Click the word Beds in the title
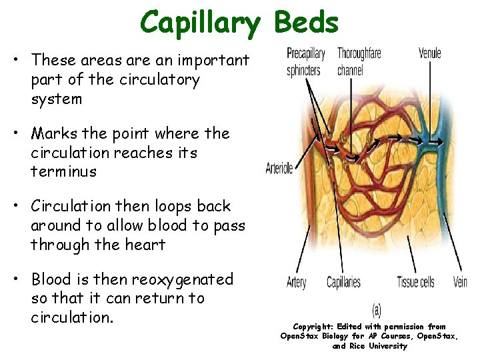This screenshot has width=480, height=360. click(x=306, y=22)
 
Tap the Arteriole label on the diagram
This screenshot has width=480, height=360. click(x=279, y=168)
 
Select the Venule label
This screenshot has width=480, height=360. click(x=430, y=53)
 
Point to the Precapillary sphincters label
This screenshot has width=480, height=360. click(x=305, y=61)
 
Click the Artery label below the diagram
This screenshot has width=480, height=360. click(x=296, y=283)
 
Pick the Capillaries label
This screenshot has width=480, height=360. click(x=343, y=283)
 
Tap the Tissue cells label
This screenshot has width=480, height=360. click(x=415, y=282)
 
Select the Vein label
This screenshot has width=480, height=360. click(x=460, y=282)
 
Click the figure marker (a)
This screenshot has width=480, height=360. click(x=376, y=309)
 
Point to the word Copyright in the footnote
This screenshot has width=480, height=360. click(x=314, y=327)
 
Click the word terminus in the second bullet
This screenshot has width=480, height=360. click(x=64, y=171)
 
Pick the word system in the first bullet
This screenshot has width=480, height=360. click(x=57, y=99)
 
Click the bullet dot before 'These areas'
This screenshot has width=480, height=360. click(x=15, y=61)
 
